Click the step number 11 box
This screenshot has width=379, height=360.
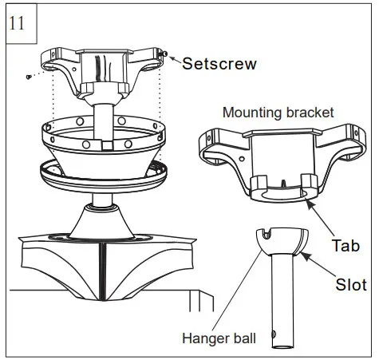(x=19, y=22)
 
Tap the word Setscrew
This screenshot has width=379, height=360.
(x=219, y=64)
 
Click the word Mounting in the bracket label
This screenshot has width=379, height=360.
(x=250, y=113)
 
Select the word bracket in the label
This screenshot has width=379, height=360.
(x=307, y=113)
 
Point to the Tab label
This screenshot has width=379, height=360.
(x=344, y=242)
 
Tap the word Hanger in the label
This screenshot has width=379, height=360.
(x=205, y=339)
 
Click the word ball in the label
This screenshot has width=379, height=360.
(x=243, y=339)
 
